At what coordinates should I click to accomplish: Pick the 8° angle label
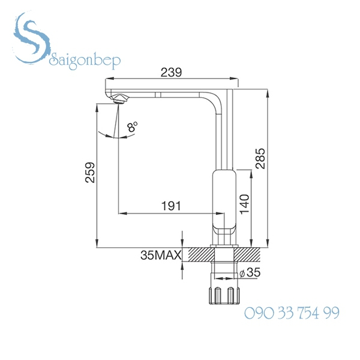132,127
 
